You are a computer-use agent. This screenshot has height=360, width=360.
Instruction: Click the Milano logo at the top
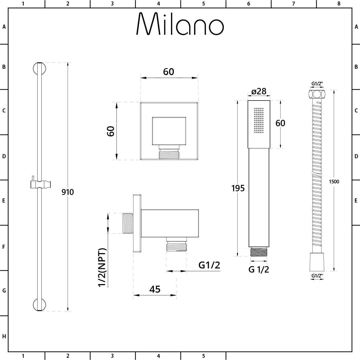180,24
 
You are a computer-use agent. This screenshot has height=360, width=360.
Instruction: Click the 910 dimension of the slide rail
68,192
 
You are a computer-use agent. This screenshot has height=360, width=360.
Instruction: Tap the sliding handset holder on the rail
41,184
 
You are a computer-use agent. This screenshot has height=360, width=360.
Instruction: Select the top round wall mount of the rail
39,69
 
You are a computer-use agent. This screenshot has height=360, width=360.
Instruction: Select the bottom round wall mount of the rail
39,305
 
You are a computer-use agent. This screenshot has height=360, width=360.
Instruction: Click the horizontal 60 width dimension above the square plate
169,72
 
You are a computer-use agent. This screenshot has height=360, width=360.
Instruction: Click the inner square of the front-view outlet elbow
169,131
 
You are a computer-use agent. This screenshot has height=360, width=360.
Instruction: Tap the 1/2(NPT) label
102,267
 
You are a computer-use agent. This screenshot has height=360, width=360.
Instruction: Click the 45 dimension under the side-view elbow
155,289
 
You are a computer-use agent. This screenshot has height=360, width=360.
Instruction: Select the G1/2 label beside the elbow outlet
209,265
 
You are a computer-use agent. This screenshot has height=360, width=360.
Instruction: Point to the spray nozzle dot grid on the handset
259,120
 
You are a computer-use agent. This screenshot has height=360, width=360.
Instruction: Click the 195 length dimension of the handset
238,188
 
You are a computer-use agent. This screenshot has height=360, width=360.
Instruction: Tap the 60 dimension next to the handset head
280,123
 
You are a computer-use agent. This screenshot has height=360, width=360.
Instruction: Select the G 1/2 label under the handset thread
259,269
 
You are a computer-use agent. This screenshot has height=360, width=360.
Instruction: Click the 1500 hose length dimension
334,182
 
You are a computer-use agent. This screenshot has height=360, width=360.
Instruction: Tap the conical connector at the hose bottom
317,262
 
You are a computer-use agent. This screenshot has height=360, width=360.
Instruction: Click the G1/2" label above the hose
317,84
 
